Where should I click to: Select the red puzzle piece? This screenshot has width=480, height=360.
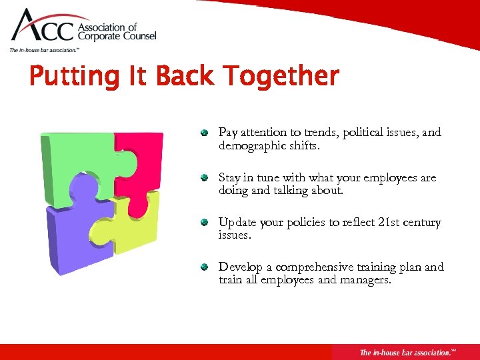point(140,160)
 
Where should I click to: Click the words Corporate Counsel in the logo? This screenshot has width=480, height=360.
point(117,37)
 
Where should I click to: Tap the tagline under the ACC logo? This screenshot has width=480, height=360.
point(44,50)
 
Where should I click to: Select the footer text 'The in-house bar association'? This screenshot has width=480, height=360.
point(403,352)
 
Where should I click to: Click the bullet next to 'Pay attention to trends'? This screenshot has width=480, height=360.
point(207,133)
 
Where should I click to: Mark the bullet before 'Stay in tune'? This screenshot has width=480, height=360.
point(207,178)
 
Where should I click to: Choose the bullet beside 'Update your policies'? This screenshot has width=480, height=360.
point(207,223)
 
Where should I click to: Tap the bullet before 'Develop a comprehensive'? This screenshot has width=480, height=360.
point(207,267)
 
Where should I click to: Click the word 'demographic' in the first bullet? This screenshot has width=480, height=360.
point(251,145)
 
